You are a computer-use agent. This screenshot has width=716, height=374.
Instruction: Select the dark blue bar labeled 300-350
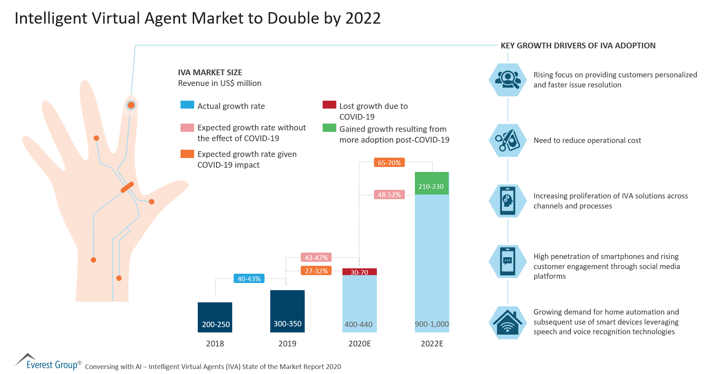287,311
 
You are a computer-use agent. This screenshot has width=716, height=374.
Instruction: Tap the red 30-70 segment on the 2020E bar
359,272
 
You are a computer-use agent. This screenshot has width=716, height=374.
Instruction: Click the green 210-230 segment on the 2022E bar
432,183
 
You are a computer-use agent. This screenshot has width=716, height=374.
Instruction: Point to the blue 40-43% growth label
249,279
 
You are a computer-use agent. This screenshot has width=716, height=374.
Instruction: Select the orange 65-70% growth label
389,163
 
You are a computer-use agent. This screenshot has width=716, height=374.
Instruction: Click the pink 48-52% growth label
389,195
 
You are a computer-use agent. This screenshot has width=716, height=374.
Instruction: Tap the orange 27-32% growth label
316,271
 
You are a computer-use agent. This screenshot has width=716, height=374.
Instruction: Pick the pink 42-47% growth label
316,258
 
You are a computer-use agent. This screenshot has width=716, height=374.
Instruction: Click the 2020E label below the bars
359,344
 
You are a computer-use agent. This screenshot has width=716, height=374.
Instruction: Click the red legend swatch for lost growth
329,105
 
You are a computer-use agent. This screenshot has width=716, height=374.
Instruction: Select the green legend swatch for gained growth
329,128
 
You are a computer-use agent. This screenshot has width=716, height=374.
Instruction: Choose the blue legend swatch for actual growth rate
187,105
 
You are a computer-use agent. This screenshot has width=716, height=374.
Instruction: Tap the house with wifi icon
507,323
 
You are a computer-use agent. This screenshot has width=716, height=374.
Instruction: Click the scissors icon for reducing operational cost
507,140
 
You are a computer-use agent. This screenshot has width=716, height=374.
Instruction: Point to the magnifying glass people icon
507,80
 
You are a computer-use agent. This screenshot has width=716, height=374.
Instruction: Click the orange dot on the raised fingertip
131,105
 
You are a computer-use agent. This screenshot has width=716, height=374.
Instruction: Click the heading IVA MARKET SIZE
210,72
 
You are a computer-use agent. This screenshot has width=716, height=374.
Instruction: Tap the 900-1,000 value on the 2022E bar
432,324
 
